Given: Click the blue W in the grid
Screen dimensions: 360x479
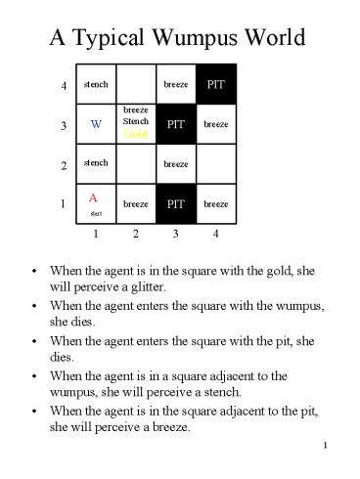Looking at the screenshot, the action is pyautogui.click(x=96, y=125).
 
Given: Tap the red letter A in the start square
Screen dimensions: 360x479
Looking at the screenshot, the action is pyautogui.click(x=92, y=197).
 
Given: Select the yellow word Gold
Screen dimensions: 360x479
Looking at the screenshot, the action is pyautogui.click(x=137, y=134).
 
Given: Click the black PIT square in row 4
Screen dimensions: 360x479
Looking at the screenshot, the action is pyautogui.click(x=213, y=85).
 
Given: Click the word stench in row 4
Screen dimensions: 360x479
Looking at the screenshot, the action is pyautogui.click(x=96, y=85).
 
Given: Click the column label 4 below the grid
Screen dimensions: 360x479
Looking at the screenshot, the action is pyautogui.click(x=213, y=235).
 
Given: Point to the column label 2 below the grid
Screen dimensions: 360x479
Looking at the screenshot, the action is pyautogui.click(x=136, y=235).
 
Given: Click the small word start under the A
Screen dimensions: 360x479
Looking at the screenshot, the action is pyautogui.click(x=96, y=212).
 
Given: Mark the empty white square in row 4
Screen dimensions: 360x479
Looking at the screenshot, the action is pyautogui.click(x=136, y=85).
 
